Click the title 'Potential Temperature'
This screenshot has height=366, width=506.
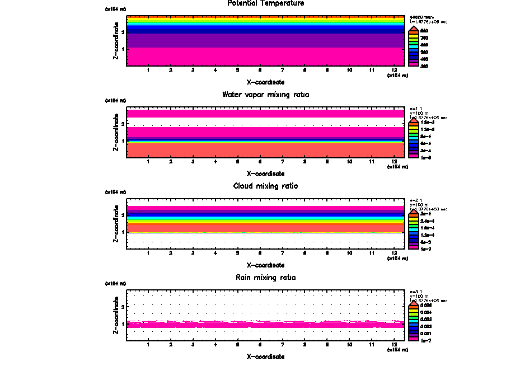(266, 3)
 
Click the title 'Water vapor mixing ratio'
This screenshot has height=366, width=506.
(265, 95)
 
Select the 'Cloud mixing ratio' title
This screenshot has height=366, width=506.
(265, 186)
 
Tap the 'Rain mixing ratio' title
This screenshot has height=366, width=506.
(265, 278)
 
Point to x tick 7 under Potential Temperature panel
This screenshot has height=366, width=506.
(283, 70)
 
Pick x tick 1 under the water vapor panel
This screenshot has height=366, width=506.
(148, 162)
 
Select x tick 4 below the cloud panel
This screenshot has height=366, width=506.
(215, 253)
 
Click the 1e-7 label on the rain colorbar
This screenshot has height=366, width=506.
(425, 340)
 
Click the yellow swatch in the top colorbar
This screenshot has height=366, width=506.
(414, 37)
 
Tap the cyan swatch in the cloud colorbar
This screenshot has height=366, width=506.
(414, 228)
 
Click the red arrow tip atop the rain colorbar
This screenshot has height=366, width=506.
(414, 301)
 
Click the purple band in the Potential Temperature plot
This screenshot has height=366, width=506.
(266, 40)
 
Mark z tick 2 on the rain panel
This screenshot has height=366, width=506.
(123, 307)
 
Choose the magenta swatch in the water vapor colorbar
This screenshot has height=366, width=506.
(414, 157)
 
